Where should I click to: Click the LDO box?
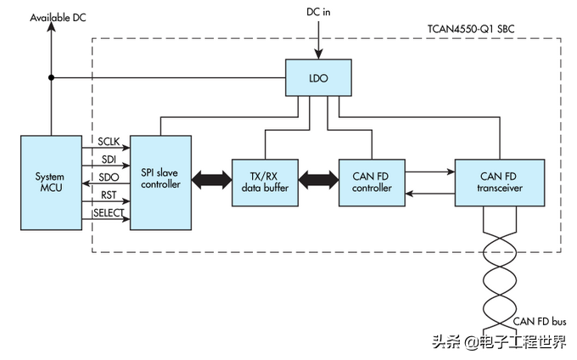tap(318, 78)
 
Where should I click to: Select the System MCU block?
tap(49, 182)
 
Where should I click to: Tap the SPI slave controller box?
tap(160, 181)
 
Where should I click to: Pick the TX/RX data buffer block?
tap(265, 182)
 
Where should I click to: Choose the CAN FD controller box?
tap(371, 182)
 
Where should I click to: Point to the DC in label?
tap(319, 12)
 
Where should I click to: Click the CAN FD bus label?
tap(541, 321)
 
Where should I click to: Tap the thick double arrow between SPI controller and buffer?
tap(211, 181)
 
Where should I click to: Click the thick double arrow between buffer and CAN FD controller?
tap(317, 181)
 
